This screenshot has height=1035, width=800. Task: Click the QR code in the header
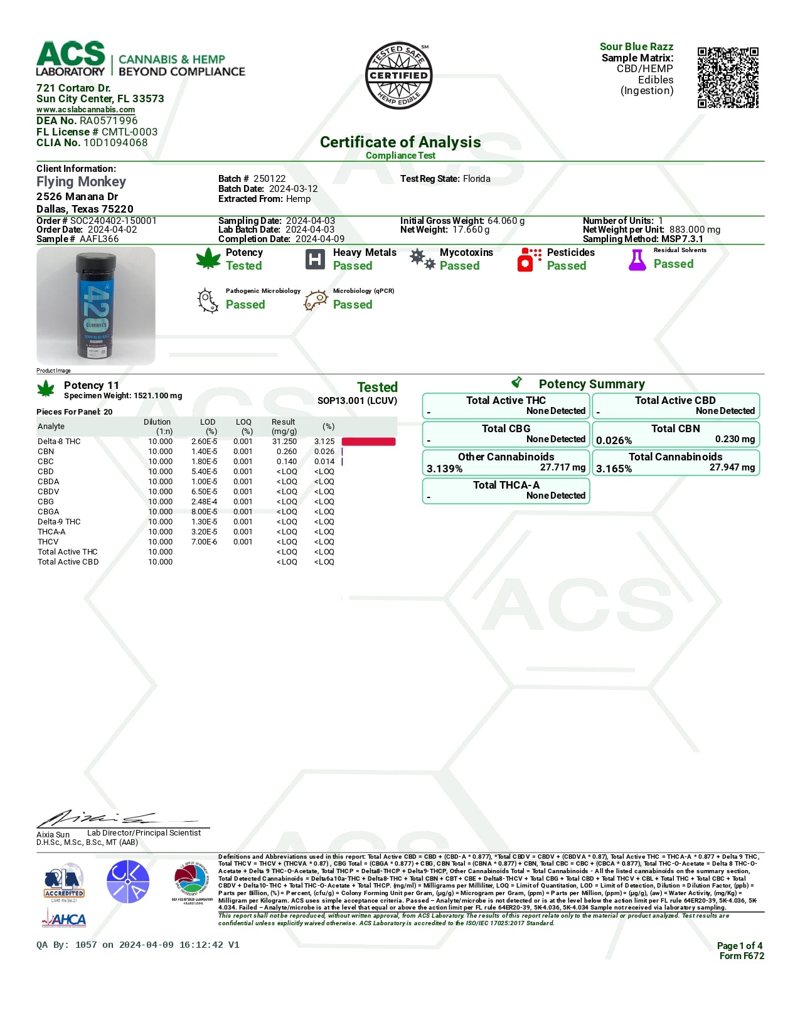pyautogui.click(x=728, y=77)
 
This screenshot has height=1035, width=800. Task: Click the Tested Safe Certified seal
pyautogui.click(x=399, y=76)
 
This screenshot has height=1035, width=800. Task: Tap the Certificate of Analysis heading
pyautogui.click(x=400, y=142)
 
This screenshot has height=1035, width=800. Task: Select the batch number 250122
pyautogui.click(x=269, y=179)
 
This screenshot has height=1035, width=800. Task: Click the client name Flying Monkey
pyautogui.click(x=81, y=182)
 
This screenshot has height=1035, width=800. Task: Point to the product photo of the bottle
pyautogui.click(x=96, y=306)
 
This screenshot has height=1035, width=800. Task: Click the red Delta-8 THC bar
pyautogui.click(x=368, y=442)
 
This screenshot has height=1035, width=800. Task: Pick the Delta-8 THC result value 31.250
pyautogui.click(x=284, y=442)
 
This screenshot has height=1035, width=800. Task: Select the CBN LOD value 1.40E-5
pyautogui.click(x=204, y=452)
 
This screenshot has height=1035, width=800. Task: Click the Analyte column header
pyautogui.click(x=51, y=427)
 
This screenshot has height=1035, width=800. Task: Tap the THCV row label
pyautogui.click(x=48, y=542)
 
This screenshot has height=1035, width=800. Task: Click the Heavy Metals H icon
pyautogui.click(x=315, y=259)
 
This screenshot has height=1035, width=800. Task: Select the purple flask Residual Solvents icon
pyautogui.click(x=637, y=260)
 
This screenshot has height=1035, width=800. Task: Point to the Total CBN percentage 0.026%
pyautogui.click(x=614, y=440)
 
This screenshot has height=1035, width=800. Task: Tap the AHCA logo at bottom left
pyautogui.click(x=64, y=920)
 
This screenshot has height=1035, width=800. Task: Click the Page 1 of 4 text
pyautogui.click(x=739, y=946)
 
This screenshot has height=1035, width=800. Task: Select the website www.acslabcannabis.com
pyautogui.click(x=85, y=110)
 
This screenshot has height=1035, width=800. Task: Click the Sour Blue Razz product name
pyautogui.click(x=636, y=46)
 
